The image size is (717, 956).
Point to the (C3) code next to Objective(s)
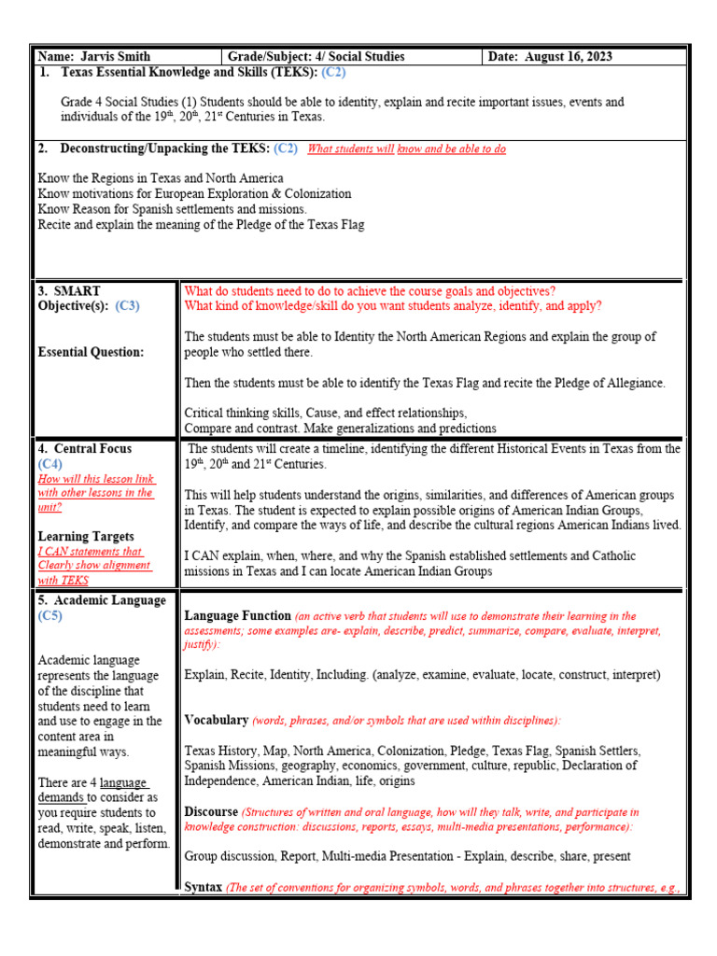tap(127, 306)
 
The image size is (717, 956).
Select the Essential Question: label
tap(91, 352)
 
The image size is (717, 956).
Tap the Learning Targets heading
tap(86, 537)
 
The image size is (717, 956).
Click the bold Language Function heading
tap(237, 616)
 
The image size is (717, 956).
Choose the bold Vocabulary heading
tap(216, 720)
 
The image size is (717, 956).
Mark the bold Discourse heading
tap(211, 812)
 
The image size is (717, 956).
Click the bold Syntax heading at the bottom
tap(203, 888)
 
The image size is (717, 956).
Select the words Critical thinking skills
tap(243, 413)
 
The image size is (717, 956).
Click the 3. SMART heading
tap(69, 291)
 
